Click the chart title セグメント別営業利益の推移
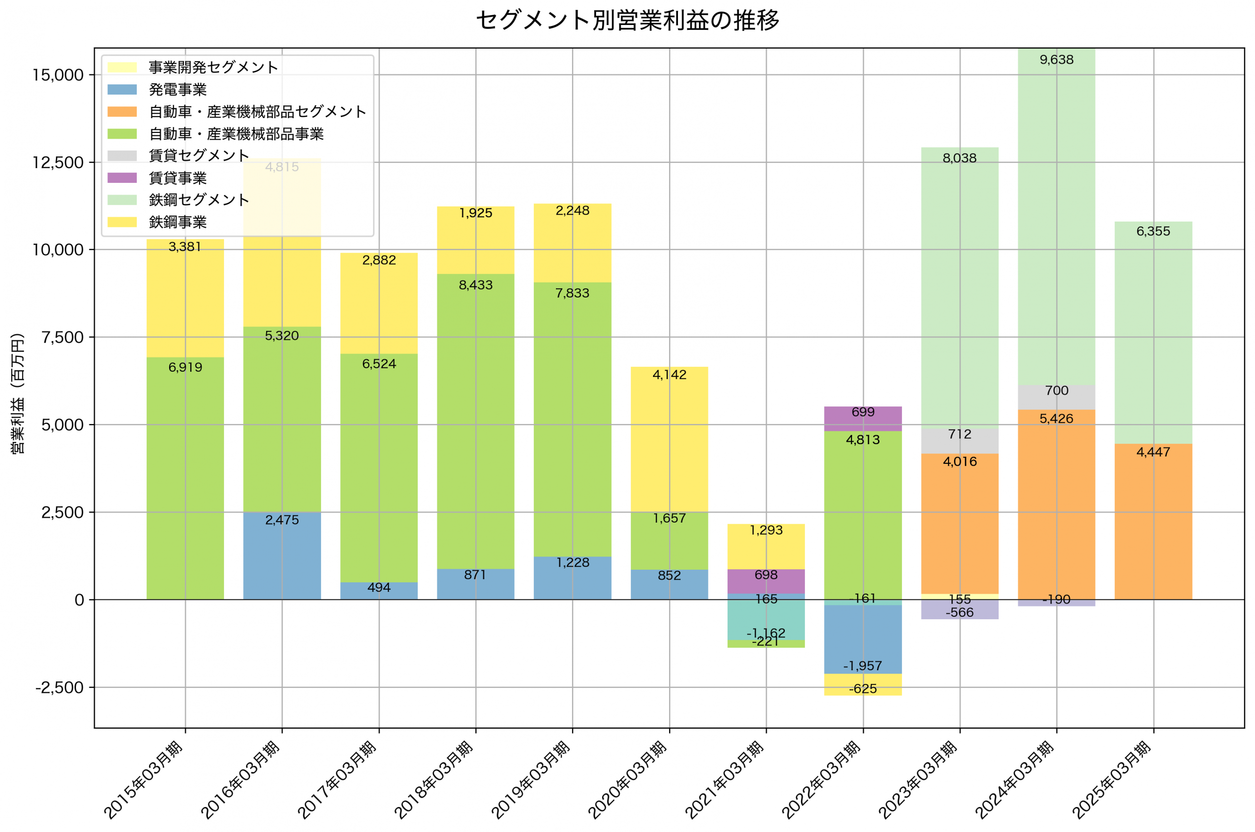[x=627, y=21]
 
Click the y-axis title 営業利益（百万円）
[x=18, y=394]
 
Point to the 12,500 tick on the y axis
[x=58, y=162]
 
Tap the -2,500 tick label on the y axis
[x=59, y=688]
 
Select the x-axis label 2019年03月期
[x=531, y=780]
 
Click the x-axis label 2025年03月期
[x=1112, y=780]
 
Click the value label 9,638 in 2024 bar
[x=1056, y=60]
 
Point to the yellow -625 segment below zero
[x=863, y=685]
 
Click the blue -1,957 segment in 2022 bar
[x=863, y=639]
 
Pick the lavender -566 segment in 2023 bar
[x=959, y=610]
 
